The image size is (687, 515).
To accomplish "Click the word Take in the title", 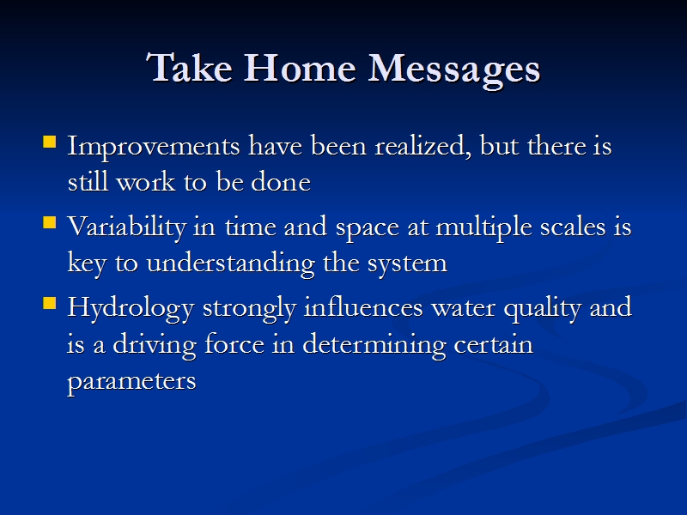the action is click(190, 68).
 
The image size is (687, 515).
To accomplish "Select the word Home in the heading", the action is click(300, 68).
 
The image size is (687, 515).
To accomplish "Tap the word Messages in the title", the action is click(454, 70).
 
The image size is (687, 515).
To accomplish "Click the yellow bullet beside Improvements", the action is click(50, 142).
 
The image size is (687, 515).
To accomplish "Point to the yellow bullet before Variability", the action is click(50, 222).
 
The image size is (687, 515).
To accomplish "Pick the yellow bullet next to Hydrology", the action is click(50, 303).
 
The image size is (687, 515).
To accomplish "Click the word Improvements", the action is click(154, 148).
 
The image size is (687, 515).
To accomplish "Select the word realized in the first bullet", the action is click(423, 146).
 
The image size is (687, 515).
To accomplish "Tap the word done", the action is click(281, 181).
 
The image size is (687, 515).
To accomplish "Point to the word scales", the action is click(573, 227).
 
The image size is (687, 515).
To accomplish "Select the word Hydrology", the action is click(131, 309).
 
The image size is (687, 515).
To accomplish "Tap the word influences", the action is click(363, 307).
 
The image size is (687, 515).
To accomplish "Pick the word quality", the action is click(543, 309).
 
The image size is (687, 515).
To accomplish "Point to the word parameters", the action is click(131, 382).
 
